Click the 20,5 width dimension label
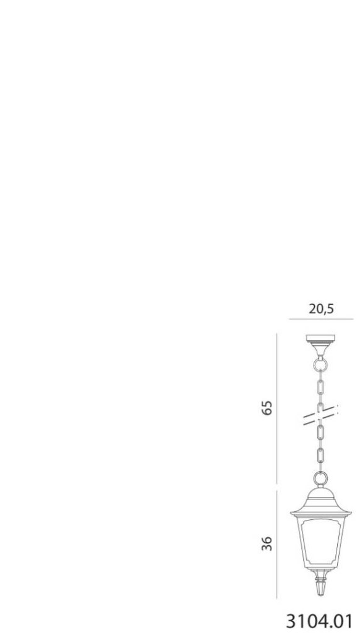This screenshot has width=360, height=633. pyautogui.click(x=321, y=309)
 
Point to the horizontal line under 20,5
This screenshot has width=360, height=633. pyautogui.click(x=321, y=320)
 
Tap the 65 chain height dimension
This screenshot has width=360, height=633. pyautogui.click(x=267, y=408)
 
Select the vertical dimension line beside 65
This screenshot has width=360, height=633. pyautogui.click(x=276, y=408)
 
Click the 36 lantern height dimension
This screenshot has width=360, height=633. pyautogui.click(x=267, y=543)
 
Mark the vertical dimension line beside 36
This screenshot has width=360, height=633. pyautogui.click(x=276, y=544)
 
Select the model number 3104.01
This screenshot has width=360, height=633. pyautogui.click(x=319, y=621)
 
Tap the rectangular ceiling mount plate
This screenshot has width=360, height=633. pyautogui.click(x=321, y=338)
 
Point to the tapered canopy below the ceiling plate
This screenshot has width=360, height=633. pyautogui.click(x=321, y=349)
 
